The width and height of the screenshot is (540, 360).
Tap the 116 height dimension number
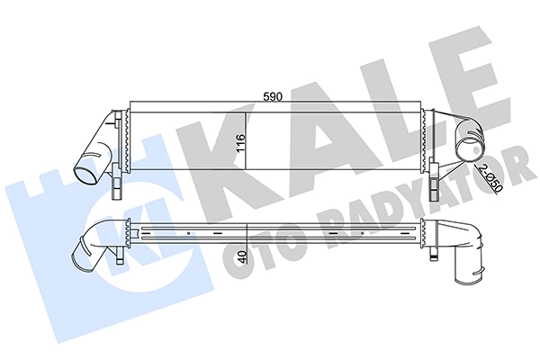239,146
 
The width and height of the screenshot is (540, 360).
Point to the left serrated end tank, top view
127,144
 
